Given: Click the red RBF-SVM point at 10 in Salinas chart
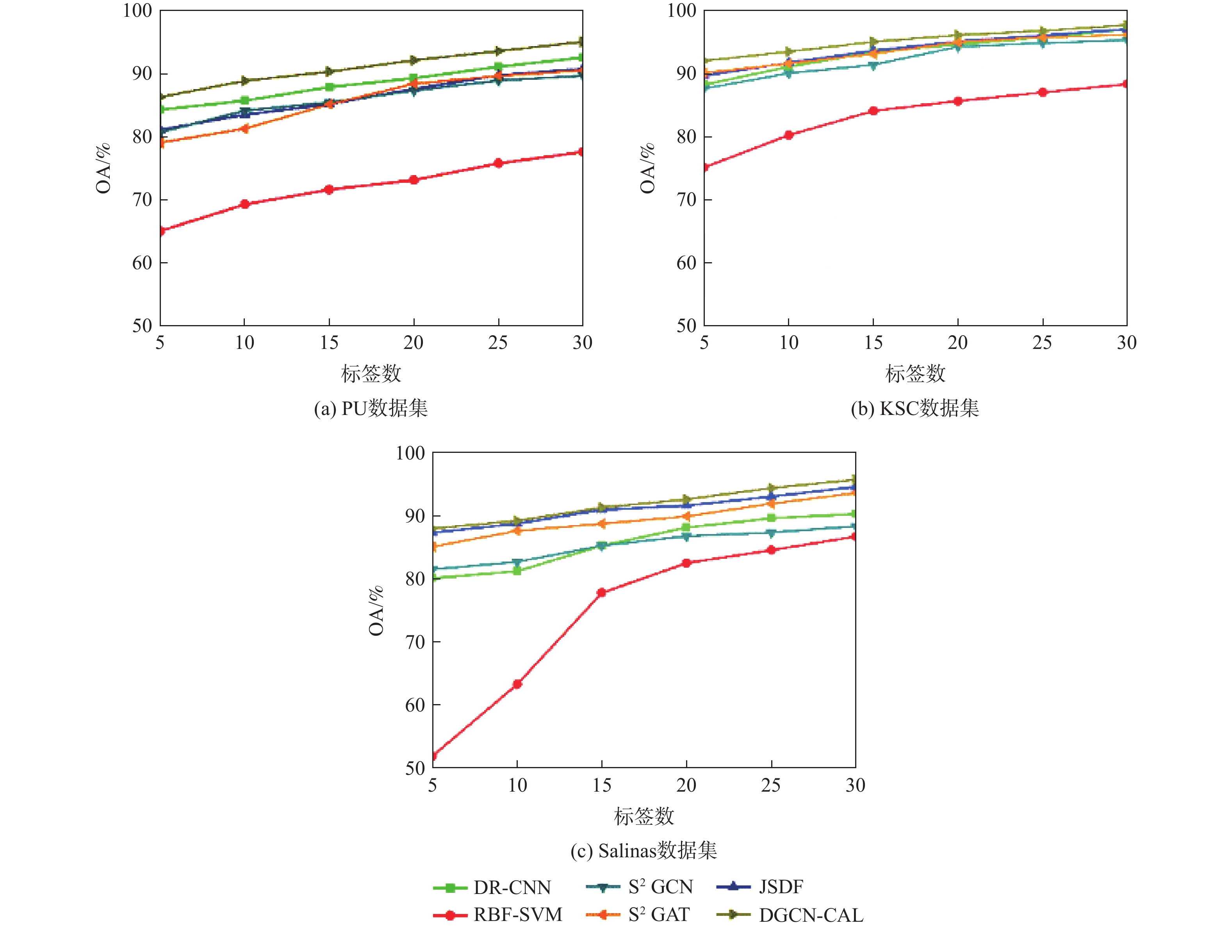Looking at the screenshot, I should coord(517,684).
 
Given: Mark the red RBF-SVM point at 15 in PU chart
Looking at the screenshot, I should coord(329,190).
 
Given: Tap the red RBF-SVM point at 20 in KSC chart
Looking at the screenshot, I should coord(957,101).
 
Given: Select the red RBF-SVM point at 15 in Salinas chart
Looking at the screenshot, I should coord(602,592).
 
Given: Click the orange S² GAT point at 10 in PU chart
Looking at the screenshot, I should coord(245,129).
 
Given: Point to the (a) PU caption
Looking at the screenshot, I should coord(371,408).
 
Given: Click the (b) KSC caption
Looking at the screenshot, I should coord(915,408).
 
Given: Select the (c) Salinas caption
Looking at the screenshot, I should coord(644,851).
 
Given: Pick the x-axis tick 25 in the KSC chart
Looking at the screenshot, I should coord(1042,343).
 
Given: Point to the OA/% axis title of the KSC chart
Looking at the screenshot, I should coord(647,168).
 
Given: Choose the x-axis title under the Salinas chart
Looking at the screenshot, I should coord(644,816).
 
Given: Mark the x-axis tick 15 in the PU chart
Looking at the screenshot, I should coord(329,343).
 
